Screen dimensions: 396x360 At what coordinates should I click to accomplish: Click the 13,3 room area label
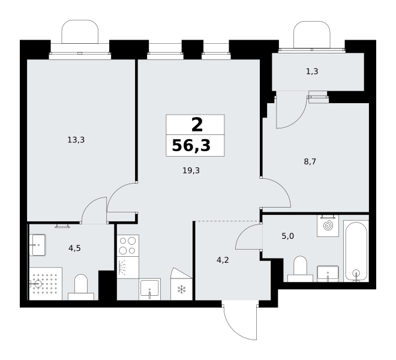pyautogui.click(x=76, y=140)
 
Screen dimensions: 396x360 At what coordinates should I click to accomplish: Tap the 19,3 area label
pyautogui.click(x=191, y=171)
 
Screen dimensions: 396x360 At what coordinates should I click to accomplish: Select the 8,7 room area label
pyautogui.click(x=310, y=161)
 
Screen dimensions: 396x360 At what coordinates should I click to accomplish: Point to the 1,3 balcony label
pyautogui.click(x=312, y=71)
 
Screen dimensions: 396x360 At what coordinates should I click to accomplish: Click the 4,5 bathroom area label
pyautogui.click(x=74, y=248)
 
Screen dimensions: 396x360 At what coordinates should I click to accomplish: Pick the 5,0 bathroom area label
pyautogui.click(x=287, y=236)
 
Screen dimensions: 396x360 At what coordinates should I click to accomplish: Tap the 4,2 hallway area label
pyautogui.click(x=223, y=260)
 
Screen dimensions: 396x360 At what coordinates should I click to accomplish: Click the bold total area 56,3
pyautogui.click(x=191, y=146)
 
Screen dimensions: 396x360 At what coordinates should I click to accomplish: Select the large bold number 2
pyautogui.click(x=197, y=125)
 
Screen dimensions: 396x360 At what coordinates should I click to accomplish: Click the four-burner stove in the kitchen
pyautogui.click(x=128, y=246)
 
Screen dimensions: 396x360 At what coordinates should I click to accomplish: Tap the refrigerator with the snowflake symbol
pyautogui.click(x=181, y=284)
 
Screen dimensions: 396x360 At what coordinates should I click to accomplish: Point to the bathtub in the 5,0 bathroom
pyautogui.click(x=356, y=251)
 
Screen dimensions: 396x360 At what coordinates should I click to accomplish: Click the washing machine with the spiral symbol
pyautogui.click(x=328, y=226)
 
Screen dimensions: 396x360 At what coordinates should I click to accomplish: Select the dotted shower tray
pyautogui.click(x=46, y=284)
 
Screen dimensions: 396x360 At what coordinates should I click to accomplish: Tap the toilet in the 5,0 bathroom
pyautogui.click(x=300, y=269)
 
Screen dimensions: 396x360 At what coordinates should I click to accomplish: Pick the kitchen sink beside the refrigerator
pyautogui.click(x=150, y=289)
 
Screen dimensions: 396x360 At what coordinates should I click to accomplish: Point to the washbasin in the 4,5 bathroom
pyautogui.click(x=38, y=245)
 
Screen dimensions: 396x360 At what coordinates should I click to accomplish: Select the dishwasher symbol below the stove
pyautogui.click(x=128, y=268)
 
